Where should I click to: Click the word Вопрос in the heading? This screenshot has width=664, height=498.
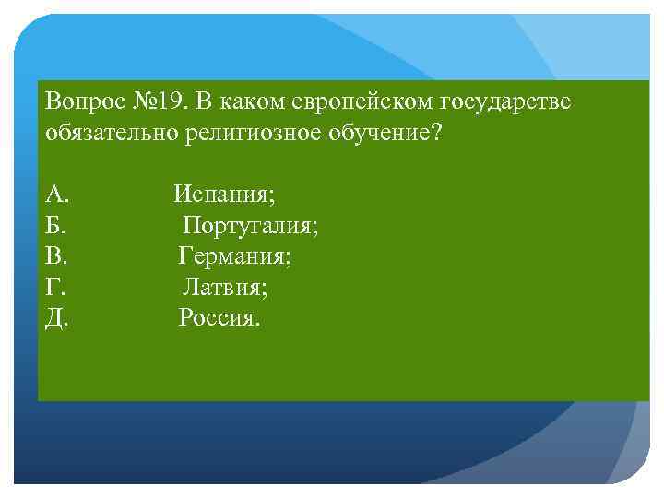pyautogui.click(x=80, y=101)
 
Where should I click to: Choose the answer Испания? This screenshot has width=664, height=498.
pyautogui.click(x=224, y=195)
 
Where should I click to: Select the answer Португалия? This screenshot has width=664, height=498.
pyautogui.click(x=250, y=226)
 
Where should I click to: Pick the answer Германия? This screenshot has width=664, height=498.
pyautogui.click(x=235, y=256)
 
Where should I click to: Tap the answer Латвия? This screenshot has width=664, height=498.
pyautogui.click(x=225, y=288)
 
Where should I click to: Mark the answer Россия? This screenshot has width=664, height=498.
pyautogui.click(x=219, y=319)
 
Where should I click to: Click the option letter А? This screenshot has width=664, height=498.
pyautogui.click(x=55, y=195)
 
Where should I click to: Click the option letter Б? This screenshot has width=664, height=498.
pyautogui.click(x=54, y=226)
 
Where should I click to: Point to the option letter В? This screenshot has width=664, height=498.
pyautogui.click(x=54, y=256)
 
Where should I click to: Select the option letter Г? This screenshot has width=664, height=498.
pyautogui.click(x=53, y=288)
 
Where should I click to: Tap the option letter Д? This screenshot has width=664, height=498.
pyautogui.click(x=55, y=319)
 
